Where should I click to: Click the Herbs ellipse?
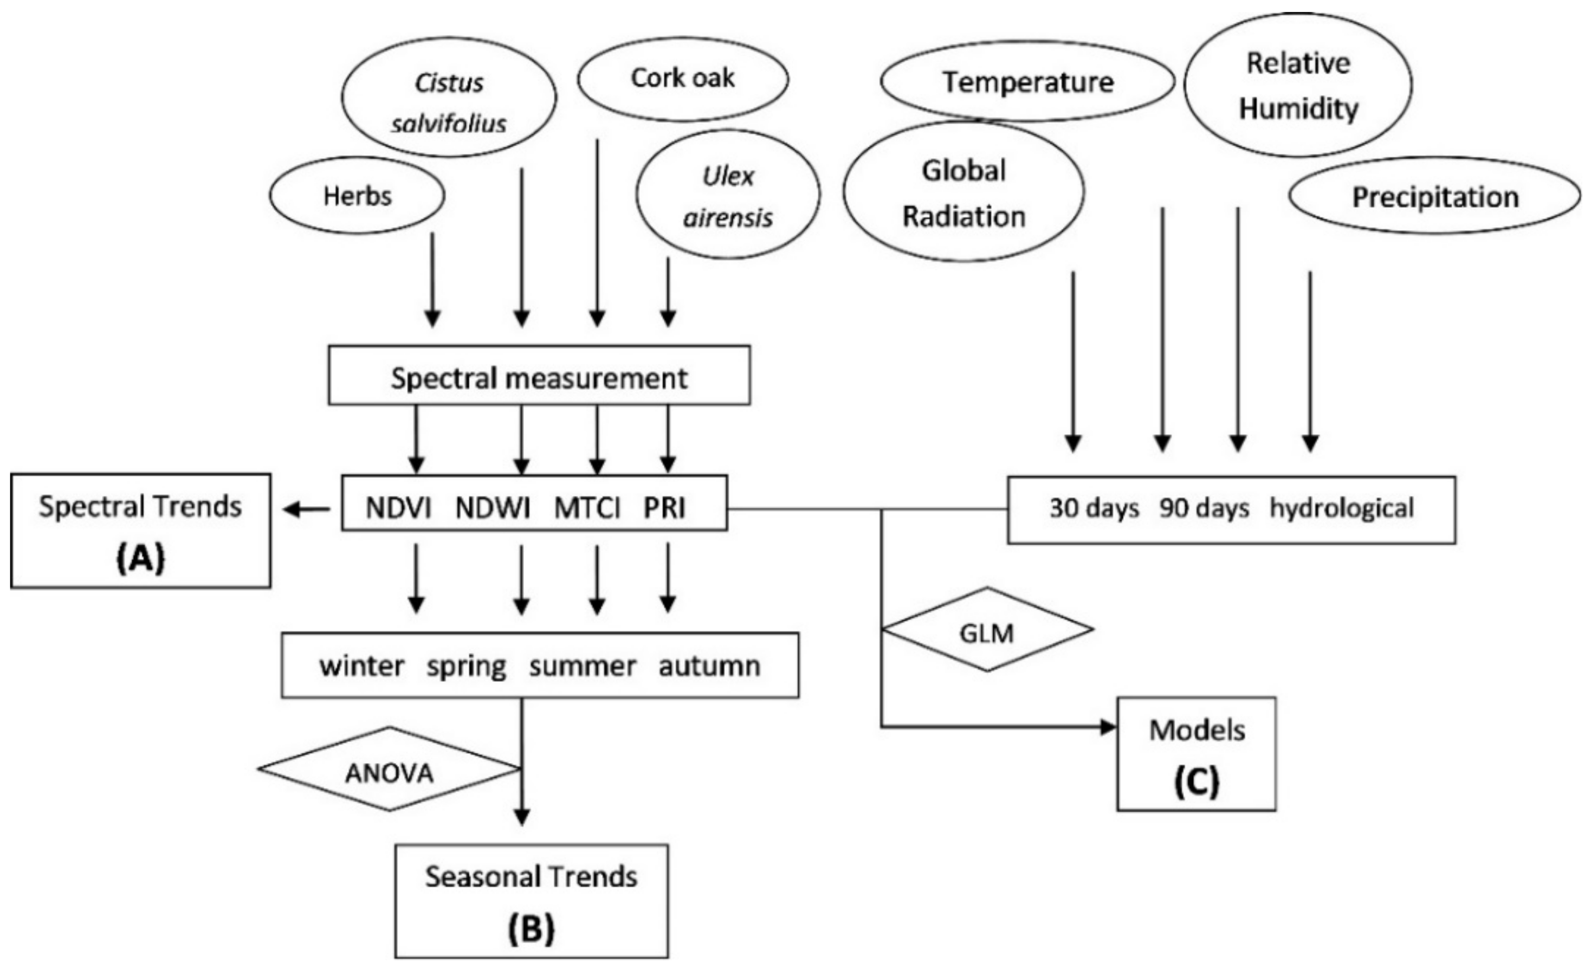coord(357,196)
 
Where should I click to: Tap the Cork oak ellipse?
coord(682,78)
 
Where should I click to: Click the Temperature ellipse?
coord(1027,82)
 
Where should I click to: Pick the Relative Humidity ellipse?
coord(1298,85)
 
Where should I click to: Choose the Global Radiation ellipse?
coord(963,192)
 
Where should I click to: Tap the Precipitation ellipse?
coord(1435,197)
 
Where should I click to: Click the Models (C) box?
coord(1196,753)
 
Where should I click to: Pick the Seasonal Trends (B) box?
coord(532,901)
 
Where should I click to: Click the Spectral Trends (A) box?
coord(141,531)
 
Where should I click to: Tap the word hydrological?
coord(1342,509)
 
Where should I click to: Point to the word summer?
coord(583,666)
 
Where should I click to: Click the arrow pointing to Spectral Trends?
coord(306,510)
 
